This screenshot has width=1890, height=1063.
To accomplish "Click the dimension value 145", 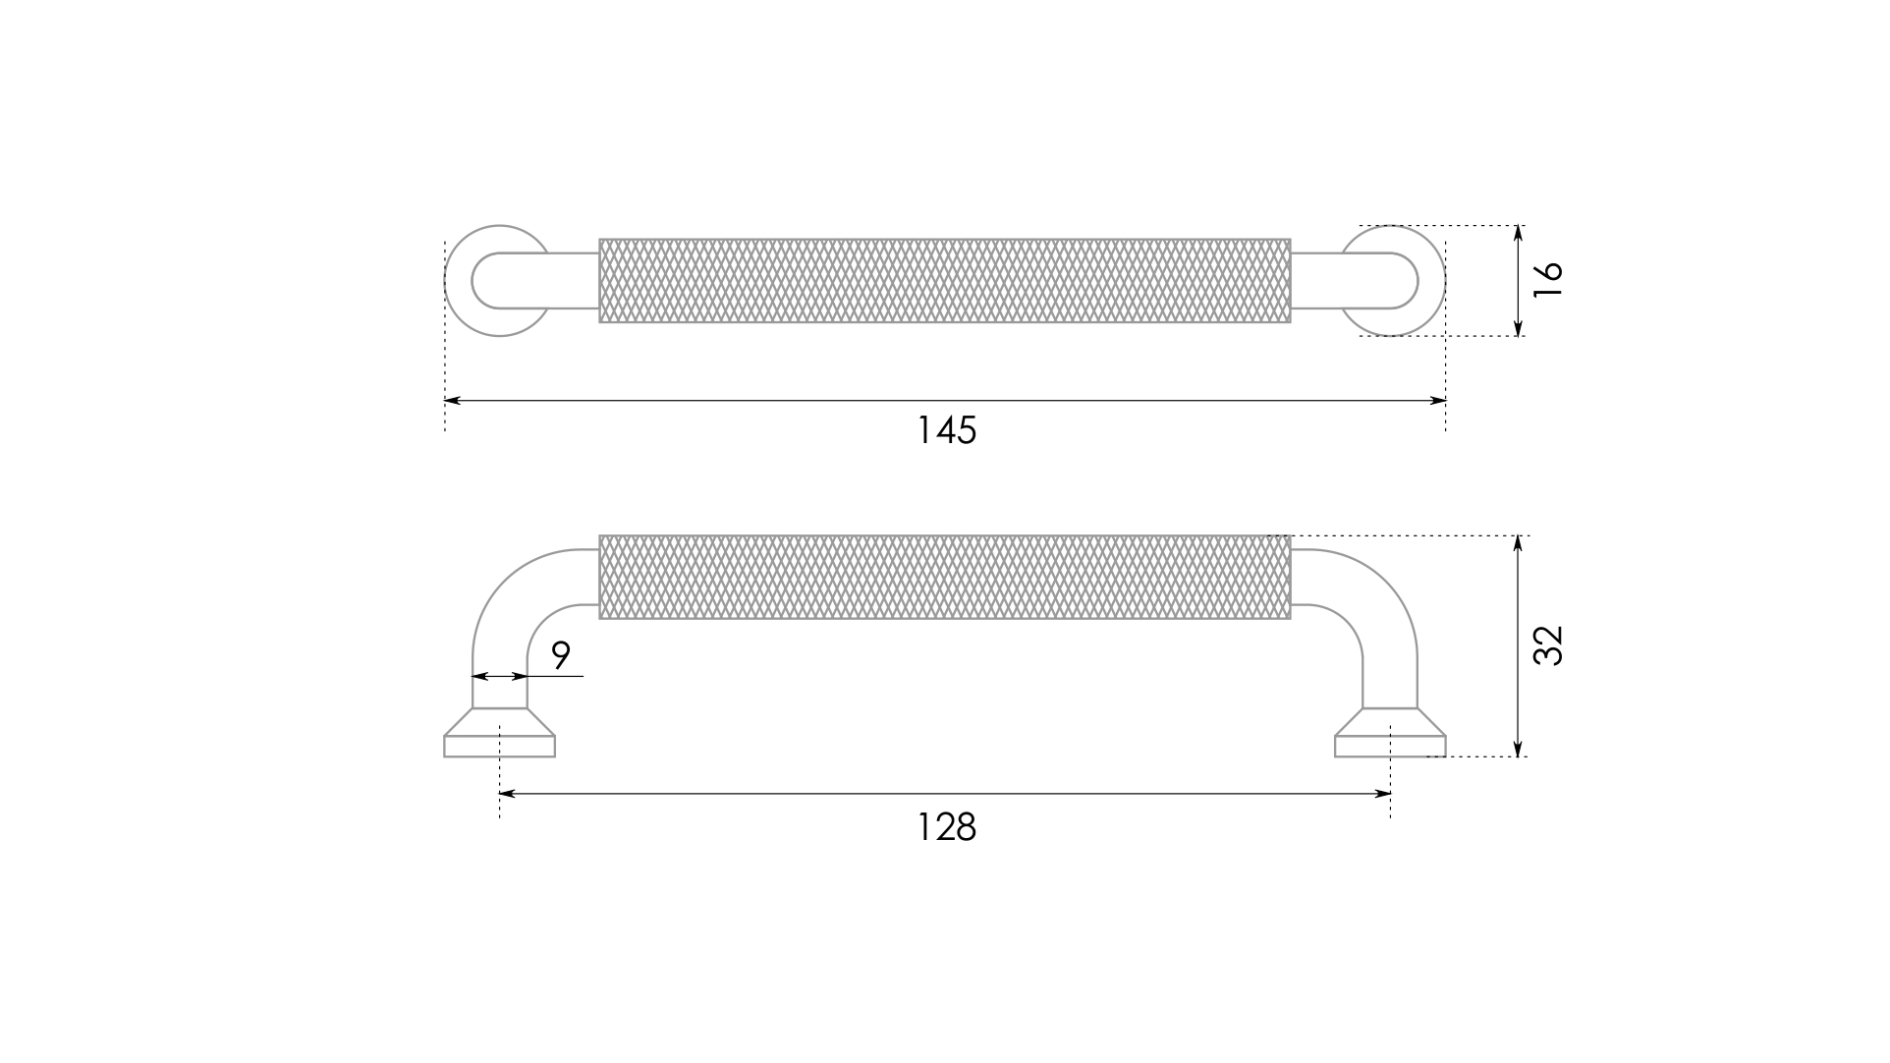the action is pyautogui.click(x=946, y=430).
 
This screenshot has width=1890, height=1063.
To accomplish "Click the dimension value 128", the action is pyautogui.click(x=946, y=827).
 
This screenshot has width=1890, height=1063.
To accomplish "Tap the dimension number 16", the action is pyautogui.click(x=1547, y=280).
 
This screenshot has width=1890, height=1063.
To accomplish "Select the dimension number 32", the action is pyautogui.click(x=1547, y=645).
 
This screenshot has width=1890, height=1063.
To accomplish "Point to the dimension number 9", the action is pyautogui.click(x=561, y=655).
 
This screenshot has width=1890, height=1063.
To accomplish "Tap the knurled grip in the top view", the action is pyautogui.click(x=945, y=280).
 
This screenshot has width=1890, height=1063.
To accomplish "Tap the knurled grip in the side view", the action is pyautogui.click(x=945, y=577).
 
